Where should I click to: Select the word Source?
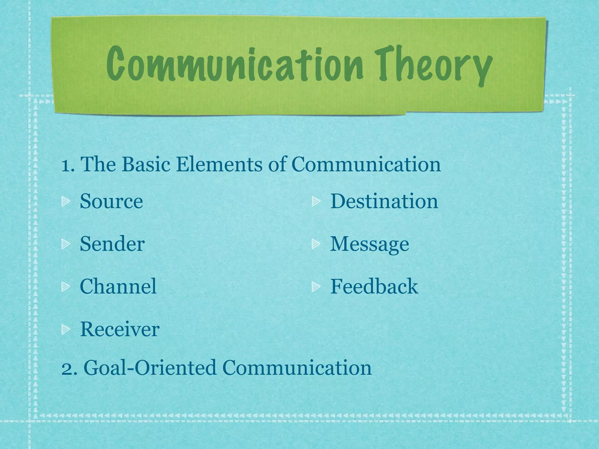(111, 201)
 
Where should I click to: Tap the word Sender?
(112, 244)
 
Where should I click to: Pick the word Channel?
(118, 286)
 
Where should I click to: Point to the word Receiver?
(120, 329)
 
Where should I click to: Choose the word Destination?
(384, 201)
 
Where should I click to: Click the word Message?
(369, 244)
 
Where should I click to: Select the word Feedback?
(374, 286)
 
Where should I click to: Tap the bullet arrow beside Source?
(65, 201)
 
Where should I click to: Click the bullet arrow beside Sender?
(65, 244)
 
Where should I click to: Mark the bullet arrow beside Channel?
(65, 286)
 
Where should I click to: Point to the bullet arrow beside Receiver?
(65, 329)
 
